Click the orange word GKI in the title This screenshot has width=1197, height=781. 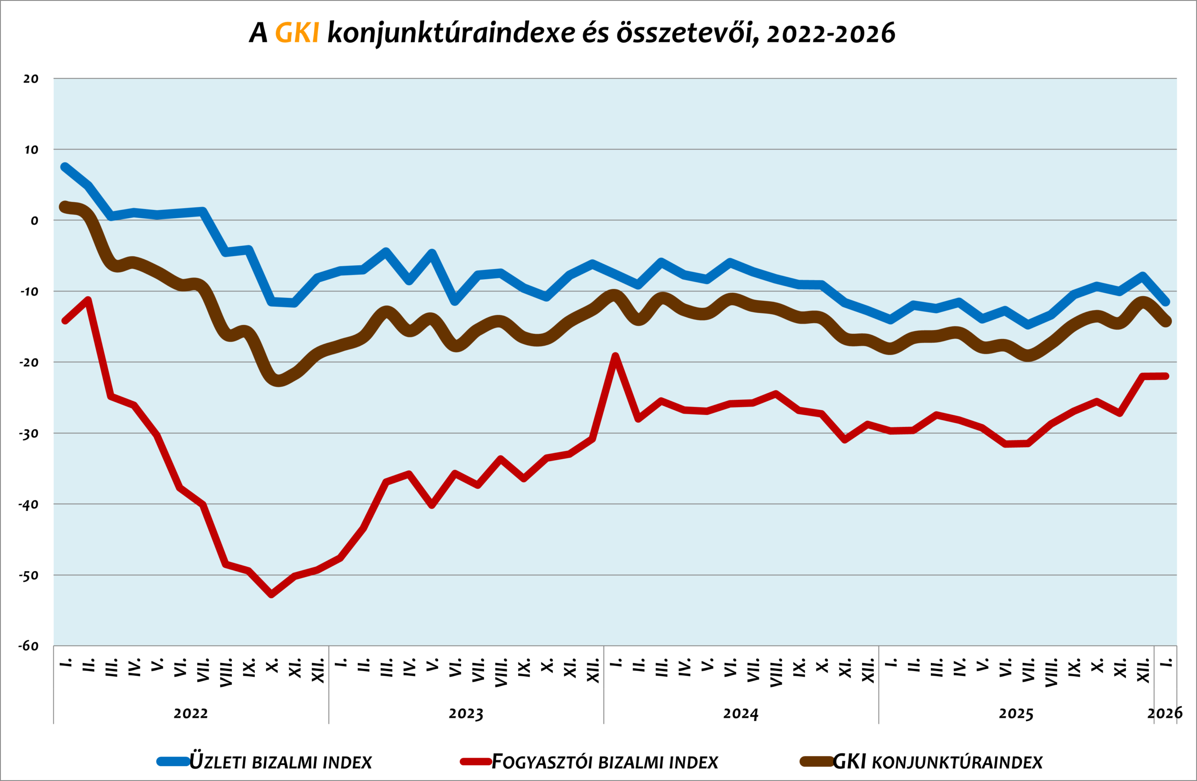297,33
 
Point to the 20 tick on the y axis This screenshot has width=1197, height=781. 31,79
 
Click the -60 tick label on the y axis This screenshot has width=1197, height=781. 29,646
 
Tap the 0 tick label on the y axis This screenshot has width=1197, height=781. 34,221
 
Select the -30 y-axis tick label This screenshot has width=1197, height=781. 29,434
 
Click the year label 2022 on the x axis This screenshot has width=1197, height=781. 191,714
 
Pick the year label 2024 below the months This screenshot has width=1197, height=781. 740,714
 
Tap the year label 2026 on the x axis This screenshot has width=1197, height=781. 1164,713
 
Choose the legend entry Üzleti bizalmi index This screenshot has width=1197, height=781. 281,762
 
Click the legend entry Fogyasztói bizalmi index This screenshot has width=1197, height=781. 605,762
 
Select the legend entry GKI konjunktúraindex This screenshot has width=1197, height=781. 937,762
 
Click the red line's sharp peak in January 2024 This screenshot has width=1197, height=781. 615,356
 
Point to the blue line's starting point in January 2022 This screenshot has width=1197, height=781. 65,167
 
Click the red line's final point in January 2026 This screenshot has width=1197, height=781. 1166,376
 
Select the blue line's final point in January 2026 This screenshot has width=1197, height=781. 1166,302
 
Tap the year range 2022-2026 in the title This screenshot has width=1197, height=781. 831,33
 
